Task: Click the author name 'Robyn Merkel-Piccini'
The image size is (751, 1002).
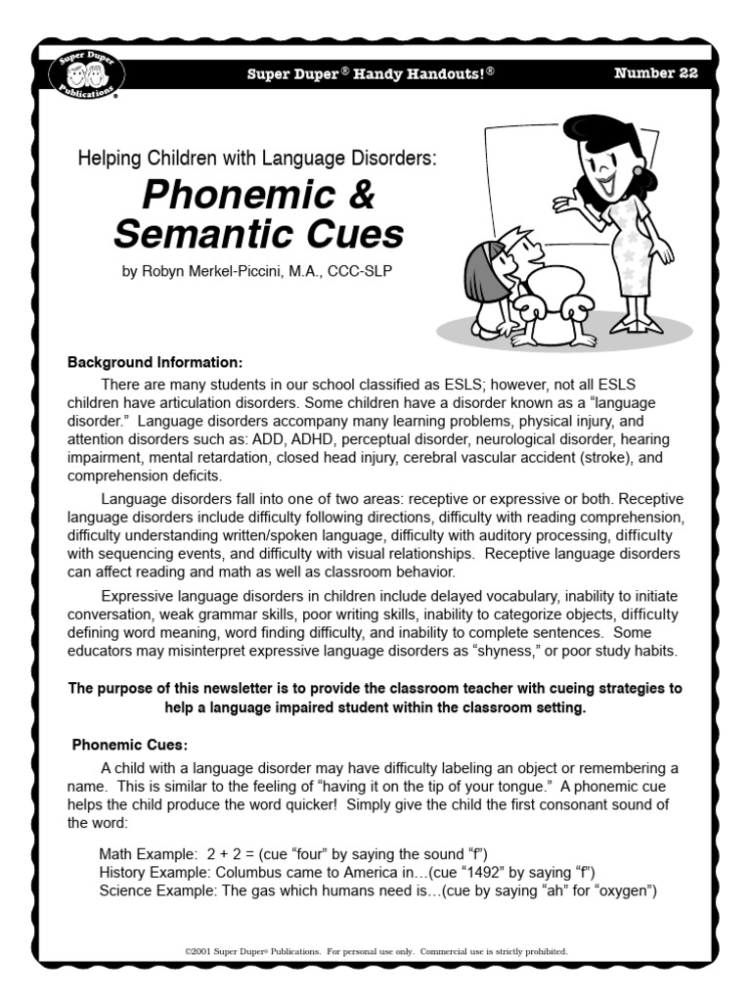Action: pyautogui.click(x=223, y=272)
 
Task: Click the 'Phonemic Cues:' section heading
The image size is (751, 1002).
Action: pyautogui.click(x=123, y=745)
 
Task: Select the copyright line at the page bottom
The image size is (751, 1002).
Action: pyautogui.click(x=375, y=950)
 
